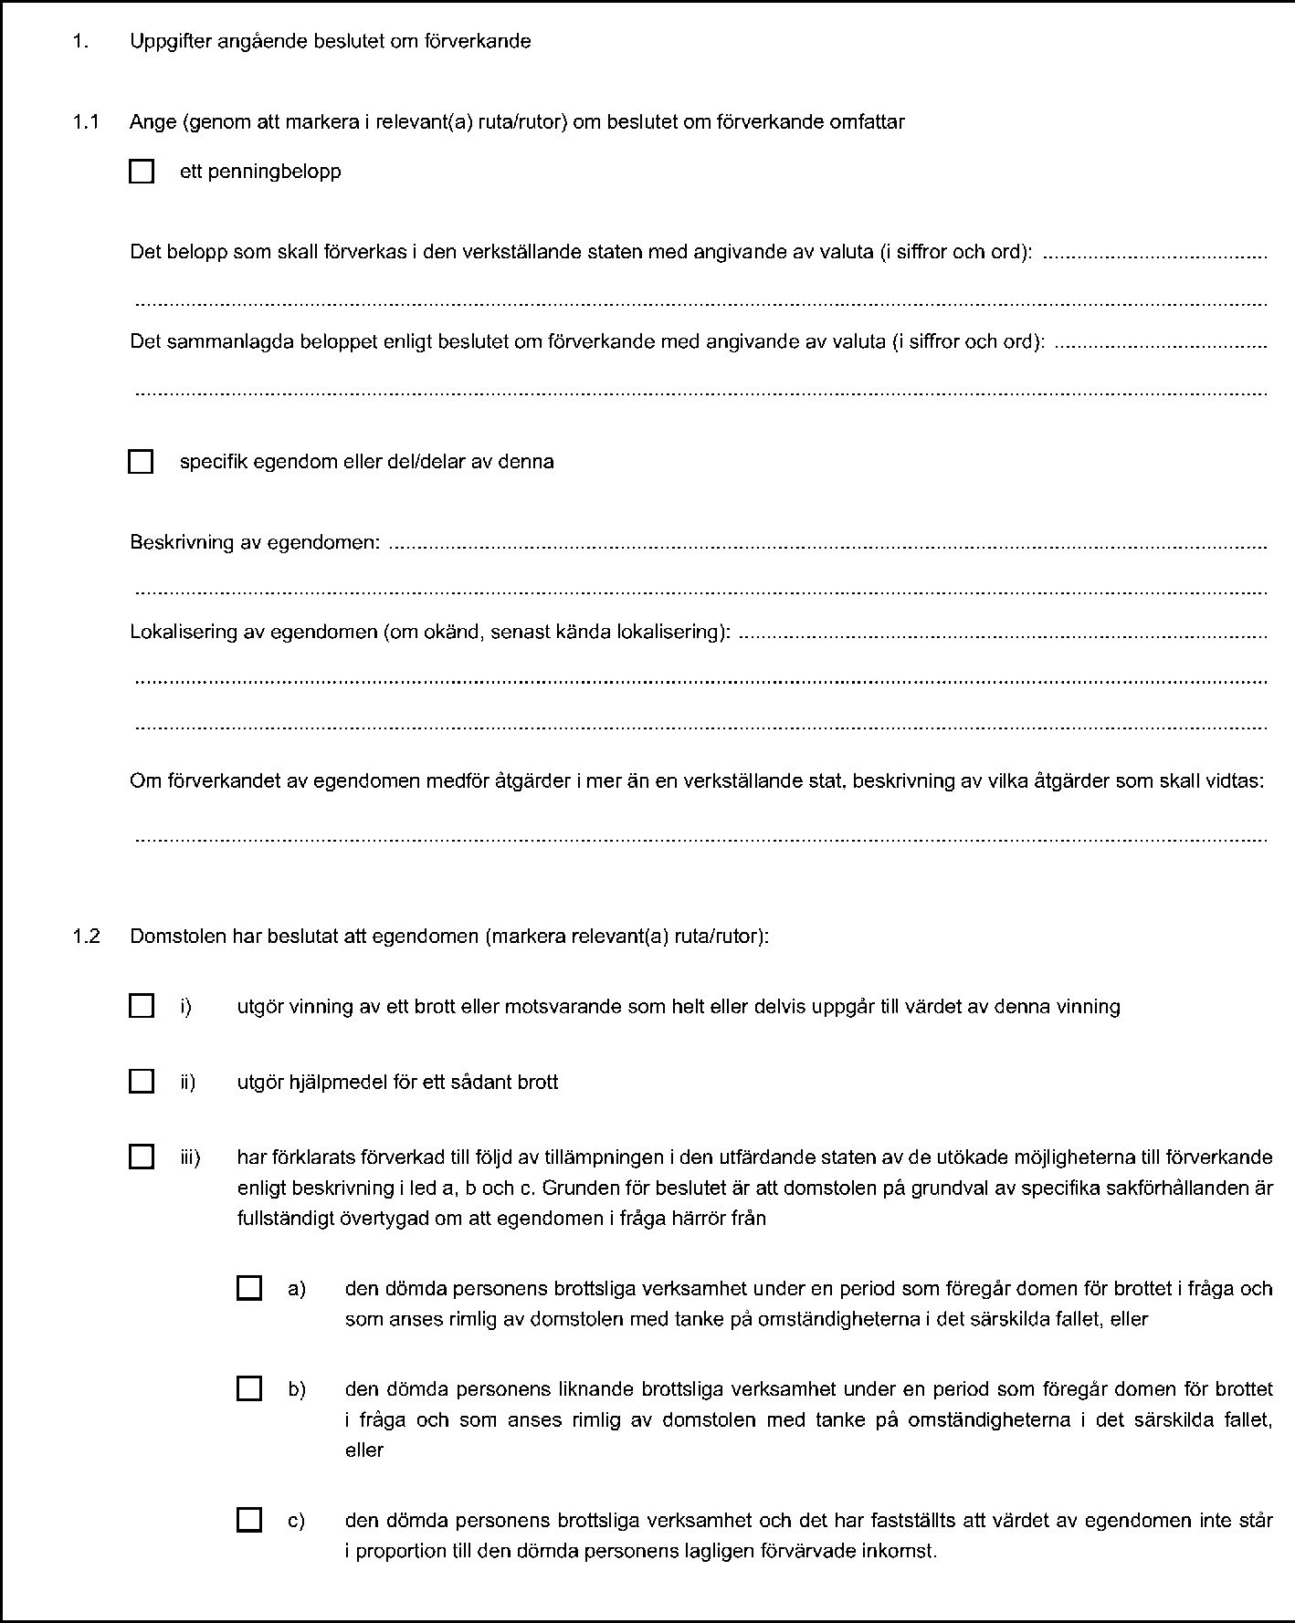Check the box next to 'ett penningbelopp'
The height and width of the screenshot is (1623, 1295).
(x=142, y=172)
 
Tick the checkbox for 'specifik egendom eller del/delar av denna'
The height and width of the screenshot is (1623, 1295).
(x=141, y=462)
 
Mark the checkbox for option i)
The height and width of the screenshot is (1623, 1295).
(x=142, y=1006)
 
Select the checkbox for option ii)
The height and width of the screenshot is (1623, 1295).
(x=142, y=1082)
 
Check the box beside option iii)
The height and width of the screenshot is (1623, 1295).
(x=142, y=1157)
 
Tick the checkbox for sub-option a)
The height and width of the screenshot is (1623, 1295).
(x=248, y=1288)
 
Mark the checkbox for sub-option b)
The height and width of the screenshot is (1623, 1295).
(x=248, y=1389)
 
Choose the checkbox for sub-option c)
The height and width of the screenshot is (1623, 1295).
(x=248, y=1520)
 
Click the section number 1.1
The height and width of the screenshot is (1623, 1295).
(x=86, y=121)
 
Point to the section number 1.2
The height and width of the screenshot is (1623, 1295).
(x=86, y=936)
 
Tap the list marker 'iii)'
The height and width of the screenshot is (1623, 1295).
(x=191, y=1157)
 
